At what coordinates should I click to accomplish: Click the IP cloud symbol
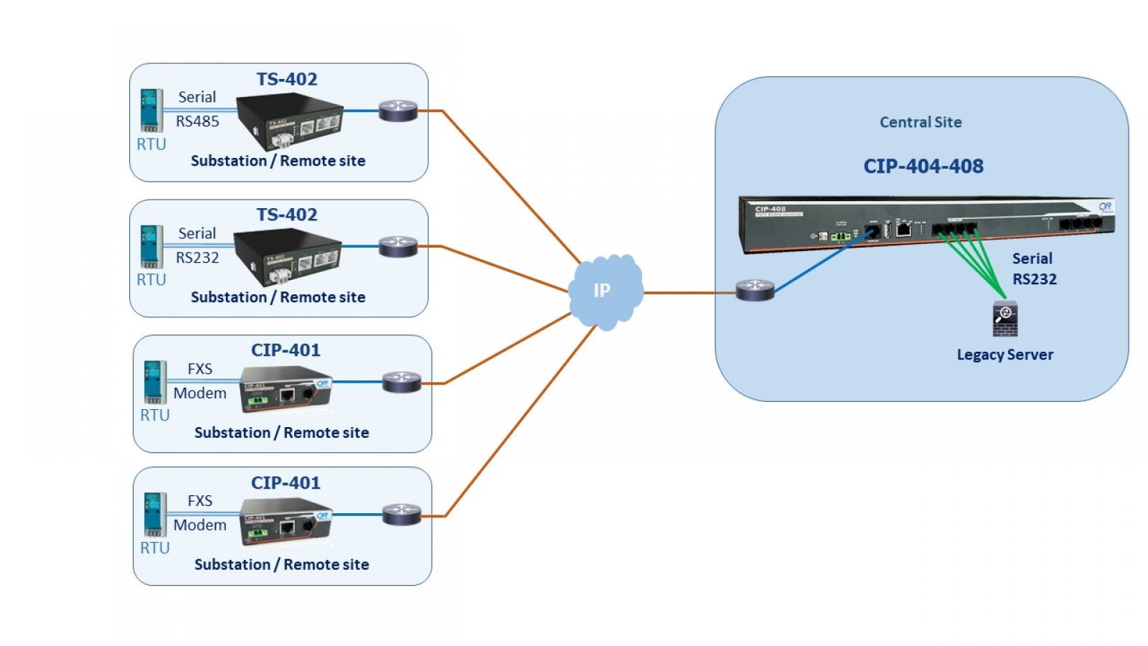point(605,291)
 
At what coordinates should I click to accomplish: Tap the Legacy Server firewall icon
point(1005,319)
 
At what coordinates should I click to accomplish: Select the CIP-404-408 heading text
point(923,167)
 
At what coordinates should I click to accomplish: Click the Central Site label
point(921,122)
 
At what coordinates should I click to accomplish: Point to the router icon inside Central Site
point(755,290)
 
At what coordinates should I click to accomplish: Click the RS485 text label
point(197,121)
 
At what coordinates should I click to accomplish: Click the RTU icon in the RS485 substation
point(151,110)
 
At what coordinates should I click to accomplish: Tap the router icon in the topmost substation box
point(398,111)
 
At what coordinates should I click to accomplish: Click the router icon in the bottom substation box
point(402,515)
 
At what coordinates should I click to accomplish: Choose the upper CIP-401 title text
point(286,350)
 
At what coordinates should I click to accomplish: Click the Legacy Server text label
point(1004,355)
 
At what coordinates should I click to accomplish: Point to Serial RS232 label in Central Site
point(1033,269)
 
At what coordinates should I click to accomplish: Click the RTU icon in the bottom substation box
point(155,514)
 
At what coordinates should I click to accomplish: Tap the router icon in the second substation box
point(398,247)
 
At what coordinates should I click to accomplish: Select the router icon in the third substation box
point(402,382)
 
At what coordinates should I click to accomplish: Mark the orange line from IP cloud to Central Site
point(689,293)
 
